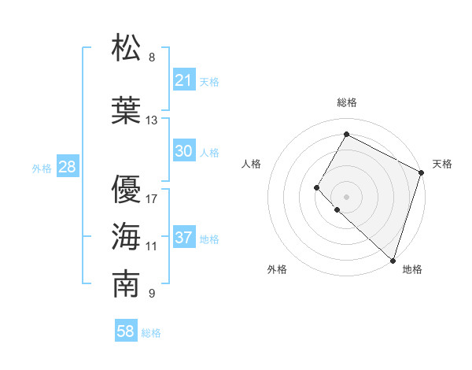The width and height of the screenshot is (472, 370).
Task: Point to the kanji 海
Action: pyautogui.click(x=127, y=236)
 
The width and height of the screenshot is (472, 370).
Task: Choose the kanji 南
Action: pyautogui.click(x=127, y=284)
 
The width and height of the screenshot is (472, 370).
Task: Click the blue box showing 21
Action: pyautogui.click(x=184, y=80)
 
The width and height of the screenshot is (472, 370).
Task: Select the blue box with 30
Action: pyautogui.click(x=184, y=151)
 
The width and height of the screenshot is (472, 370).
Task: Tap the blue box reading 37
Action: pyautogui.click(x=184, y=238)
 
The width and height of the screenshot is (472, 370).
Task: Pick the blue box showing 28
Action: pyautogui.click(x=67, y=167)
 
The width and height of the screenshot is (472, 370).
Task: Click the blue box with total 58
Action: pyautogui.click(x=126, y=331)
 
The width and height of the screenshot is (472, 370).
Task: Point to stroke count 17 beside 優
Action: pyautogui.click(x=152, y=198)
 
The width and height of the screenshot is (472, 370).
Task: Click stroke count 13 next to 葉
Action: pyautogui.click(x=152, y=120)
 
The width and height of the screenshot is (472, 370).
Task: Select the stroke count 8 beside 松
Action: pyautogui.click(x=152, y=57)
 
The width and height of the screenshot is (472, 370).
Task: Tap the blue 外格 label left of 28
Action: pyautogui.click(x=41, y=168)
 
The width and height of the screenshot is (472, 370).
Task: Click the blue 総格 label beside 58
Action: pyautogui.click(x=151, y=333)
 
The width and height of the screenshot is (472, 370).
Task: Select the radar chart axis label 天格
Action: pyautogui.click(x=443, y=164)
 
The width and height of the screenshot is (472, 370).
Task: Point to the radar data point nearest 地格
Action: pyautogui.click(x=393, y=261)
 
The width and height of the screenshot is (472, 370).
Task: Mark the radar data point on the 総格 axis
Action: pyautogui.click(x=346, y=134)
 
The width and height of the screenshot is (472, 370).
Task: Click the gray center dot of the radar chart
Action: pyautogui.click(x=346, y=196)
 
